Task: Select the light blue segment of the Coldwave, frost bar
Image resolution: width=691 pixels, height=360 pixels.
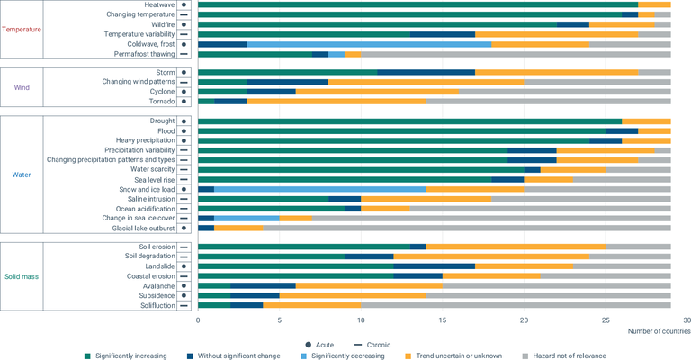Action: pyautogui.click(x=369, y=44)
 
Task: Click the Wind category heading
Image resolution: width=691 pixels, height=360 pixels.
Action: pyautogui.click(x=22, y=87)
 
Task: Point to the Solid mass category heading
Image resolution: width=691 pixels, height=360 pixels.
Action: pyautogui.click(x=22, y=275)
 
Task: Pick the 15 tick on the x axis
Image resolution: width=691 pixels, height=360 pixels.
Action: pyautogui.click(x=443, y=319)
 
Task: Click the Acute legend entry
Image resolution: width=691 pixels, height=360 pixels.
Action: pyautogui.click(x=319, y=343)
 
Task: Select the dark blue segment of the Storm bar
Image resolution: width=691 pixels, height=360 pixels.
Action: pyautogui.click(x=426, y=72)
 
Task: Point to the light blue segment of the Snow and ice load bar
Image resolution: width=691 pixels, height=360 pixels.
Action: pyautogui.click(x=319, y=189)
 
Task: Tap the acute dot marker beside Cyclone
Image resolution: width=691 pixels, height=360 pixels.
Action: pyautogui.click(x=184, y=91)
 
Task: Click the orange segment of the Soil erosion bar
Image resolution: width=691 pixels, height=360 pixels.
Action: pyautogui.click(x=516, y=247)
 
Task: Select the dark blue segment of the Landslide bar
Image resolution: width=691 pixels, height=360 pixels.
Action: pyautogui.click(x=434, y=266)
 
